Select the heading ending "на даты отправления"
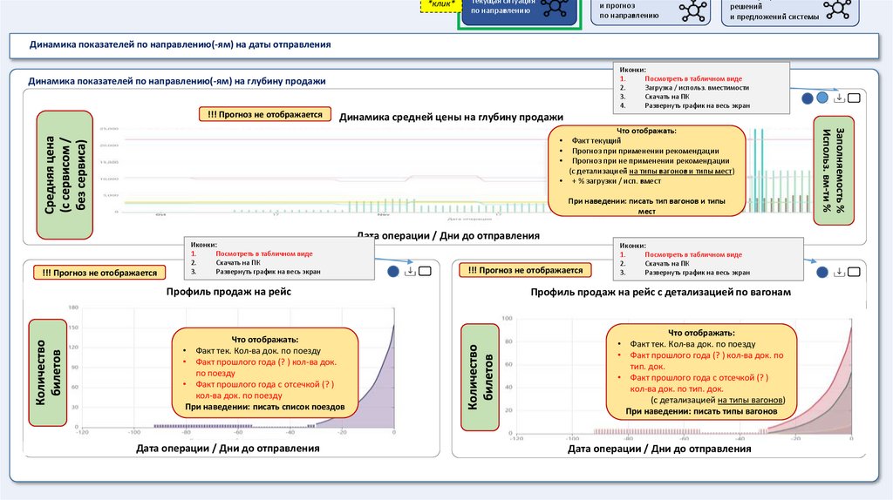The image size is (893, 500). [x=180, y=44]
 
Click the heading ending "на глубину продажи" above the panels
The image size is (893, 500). [x=176, y=81]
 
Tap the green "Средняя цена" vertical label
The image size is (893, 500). [x=65, y=175]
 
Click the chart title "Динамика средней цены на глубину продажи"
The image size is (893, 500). [x=451, y=117]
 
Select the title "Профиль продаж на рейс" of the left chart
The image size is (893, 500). [x=228, y=292]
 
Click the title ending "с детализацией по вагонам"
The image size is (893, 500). [x=660, y=292]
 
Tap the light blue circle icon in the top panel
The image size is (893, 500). [x=821, y=98]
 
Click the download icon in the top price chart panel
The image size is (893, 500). [x=839, y=98]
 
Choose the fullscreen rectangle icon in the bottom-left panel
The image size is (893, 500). [x=426, y=272]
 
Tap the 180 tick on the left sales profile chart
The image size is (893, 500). [x=73, y=307]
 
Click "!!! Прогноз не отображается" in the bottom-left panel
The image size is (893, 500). [x=99, y=273]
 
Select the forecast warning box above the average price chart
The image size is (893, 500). [x=264, y=114]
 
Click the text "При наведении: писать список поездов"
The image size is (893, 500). [x=265, y=407]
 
